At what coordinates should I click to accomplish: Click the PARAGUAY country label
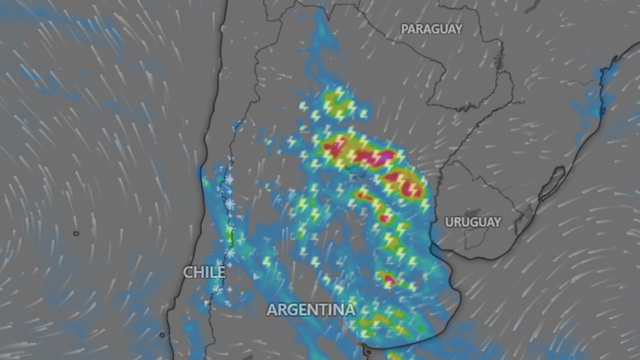pos(431,29)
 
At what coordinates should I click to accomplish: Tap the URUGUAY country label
pos(473,222)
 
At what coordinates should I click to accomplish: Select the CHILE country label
pos(204,272)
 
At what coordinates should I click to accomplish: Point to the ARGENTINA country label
pos(311,309)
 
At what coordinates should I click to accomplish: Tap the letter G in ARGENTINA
pos(291,309)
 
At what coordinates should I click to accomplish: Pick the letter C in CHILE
pos(188,272)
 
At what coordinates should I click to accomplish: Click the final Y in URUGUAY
pos(497,222)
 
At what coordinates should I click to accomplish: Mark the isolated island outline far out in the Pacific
pos(76,233)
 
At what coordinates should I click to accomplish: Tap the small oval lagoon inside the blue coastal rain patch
pos(603,111)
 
